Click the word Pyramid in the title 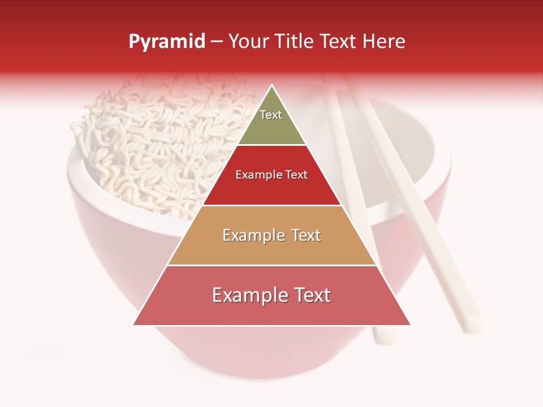click(167, 42)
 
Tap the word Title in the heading click(296, 42)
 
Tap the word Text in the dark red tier click(296, 175)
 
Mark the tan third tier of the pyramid click(272, 249)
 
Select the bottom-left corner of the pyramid click(134, 324)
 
